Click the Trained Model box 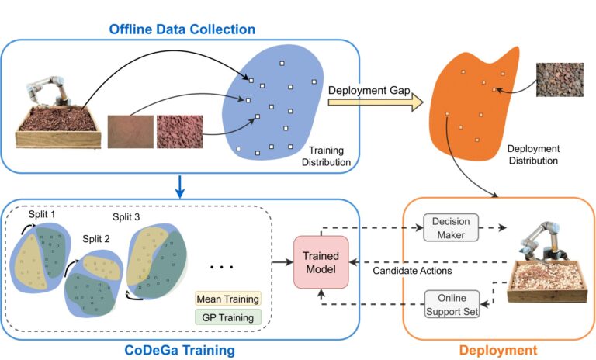point(321,262)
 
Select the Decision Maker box point(451,227)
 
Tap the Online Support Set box point(452,304)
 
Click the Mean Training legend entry point(228,299)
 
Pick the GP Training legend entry point(228,317)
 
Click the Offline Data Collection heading point(182,29)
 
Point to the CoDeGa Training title point(179,350)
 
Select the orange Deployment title point(498,350)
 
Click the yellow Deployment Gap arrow point(376,102)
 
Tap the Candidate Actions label point(412,271)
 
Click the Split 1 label point(42,214)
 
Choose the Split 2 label point(96,239)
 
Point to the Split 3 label point(126,217)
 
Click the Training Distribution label point(326,156)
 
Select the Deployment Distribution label point(533,154)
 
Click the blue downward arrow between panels point(180,187)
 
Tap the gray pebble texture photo point(560,79)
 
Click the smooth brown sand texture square point(130,132)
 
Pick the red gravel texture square point(179,132)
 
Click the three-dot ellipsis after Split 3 point(222,267)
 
